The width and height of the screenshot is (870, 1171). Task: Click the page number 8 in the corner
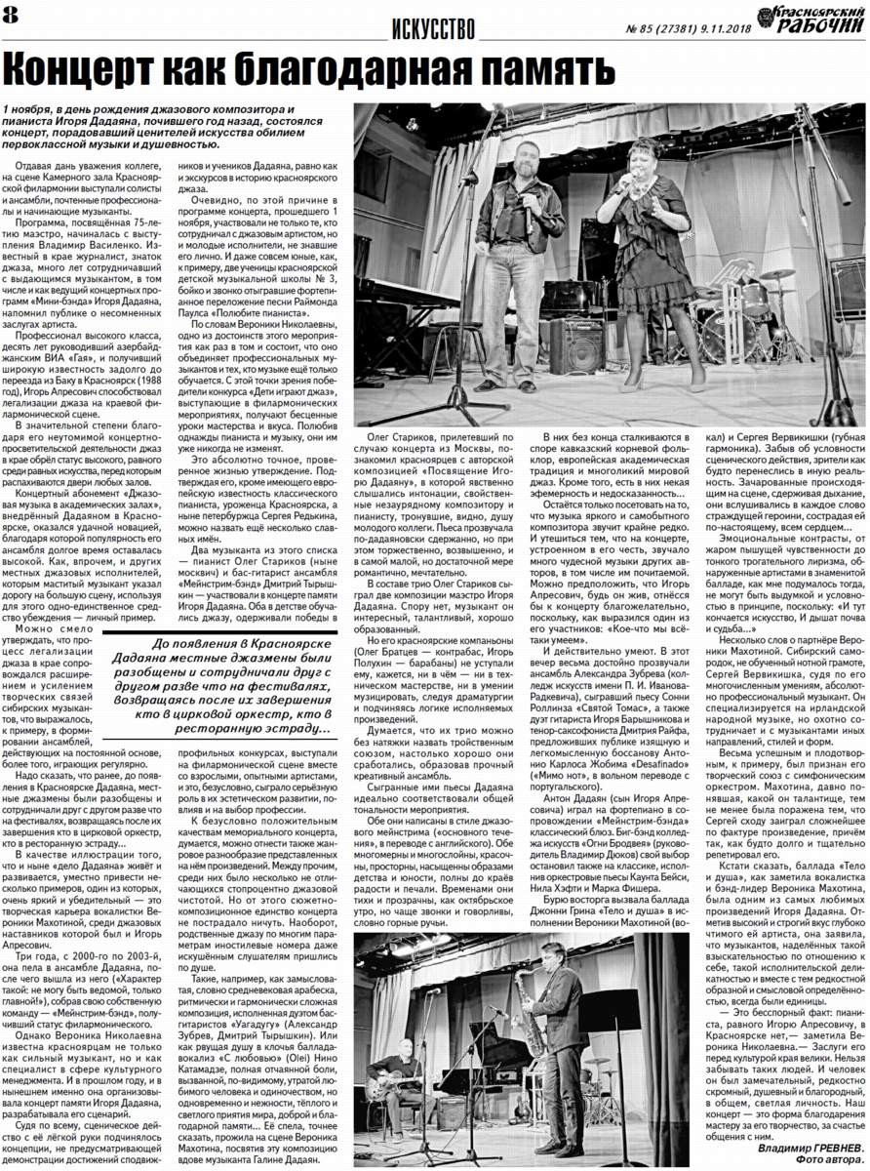click(12, 13)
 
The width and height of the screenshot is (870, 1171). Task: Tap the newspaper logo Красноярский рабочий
click(813, 20)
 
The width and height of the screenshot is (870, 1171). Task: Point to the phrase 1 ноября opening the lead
click(27, 108)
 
